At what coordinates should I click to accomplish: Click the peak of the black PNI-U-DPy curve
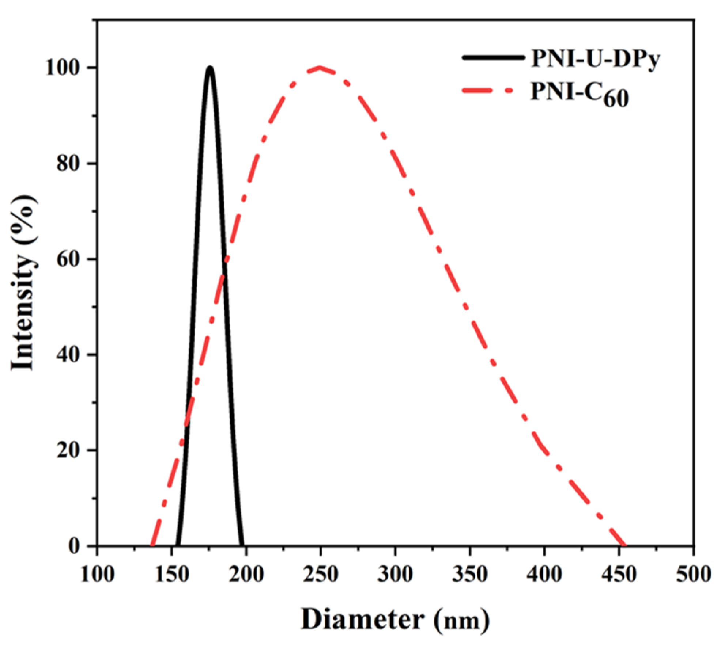click(x=209, y=68)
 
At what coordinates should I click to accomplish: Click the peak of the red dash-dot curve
click(x=320, y=68)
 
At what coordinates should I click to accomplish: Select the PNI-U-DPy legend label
click(x=596, y=60)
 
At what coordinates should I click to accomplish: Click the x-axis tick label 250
click(x=320, y=575)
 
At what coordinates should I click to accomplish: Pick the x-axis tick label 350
click(x=470, y=575)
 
